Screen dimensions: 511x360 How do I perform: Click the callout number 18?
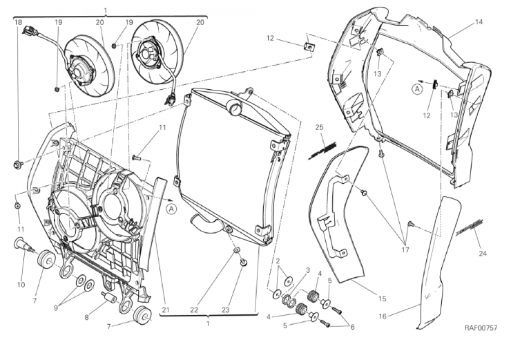point(18,23)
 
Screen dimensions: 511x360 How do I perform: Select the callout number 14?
point(479,22)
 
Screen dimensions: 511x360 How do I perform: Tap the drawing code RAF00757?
point(481,328)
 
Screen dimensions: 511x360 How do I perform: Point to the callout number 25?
point(319,127)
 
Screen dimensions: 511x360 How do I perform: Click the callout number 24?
point(483,254)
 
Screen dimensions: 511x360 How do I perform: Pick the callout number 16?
point(383,316)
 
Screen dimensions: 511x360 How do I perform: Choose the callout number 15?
point(382,299)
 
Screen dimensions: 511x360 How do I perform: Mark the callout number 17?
point(405,250)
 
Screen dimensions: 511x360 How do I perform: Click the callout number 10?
point(21,285)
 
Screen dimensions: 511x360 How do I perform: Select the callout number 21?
point(166,310)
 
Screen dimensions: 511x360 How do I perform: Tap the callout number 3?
point(308,270)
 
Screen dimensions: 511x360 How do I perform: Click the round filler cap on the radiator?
point(233,107)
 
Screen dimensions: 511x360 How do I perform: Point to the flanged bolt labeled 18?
point(17,164)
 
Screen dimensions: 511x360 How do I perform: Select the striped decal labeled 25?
point(322,151)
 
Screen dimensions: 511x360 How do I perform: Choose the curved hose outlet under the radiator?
point(206,223)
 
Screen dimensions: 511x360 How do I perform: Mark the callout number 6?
point(351,327)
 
